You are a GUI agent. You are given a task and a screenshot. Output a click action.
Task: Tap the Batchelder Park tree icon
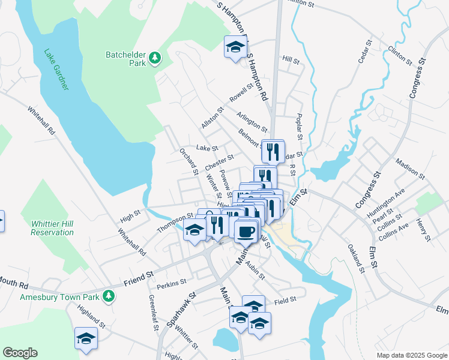[156, 58]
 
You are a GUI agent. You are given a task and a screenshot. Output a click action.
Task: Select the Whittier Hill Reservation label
[52, 227]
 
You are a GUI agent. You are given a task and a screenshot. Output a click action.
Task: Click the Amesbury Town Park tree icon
[109, 296]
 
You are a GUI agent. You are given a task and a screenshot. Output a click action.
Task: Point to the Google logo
[20, 353]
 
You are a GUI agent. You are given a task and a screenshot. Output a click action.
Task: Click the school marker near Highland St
[86, 339]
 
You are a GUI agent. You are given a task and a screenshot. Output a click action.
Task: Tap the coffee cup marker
[245, 231]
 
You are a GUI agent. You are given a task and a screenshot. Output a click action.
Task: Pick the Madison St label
[410, 169]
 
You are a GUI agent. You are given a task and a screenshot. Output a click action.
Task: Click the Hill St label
[291, 60]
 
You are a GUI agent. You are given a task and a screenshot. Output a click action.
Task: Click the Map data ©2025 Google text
[412, 355]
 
